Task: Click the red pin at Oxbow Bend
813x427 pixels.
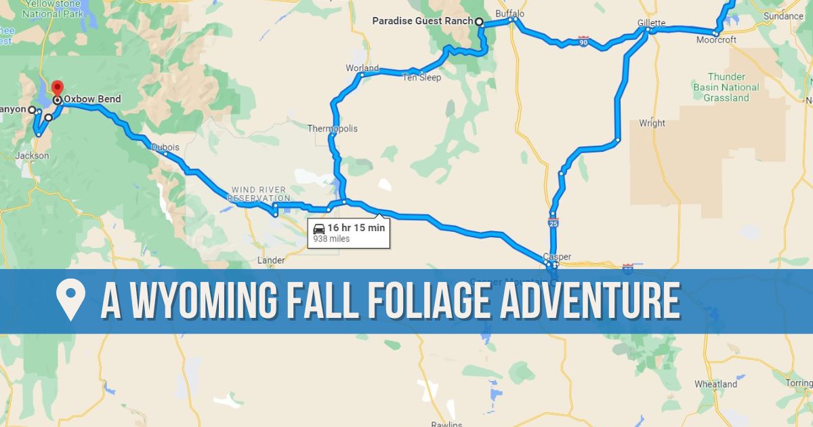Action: click(57, 88)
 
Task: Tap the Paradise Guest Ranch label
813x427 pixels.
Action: click(422, 21)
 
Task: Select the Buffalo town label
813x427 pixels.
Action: click(510, 14)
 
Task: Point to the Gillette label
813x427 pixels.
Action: click(651, 22)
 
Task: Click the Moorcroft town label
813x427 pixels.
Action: click(716, 40)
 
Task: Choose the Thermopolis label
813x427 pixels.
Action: click(332, 129)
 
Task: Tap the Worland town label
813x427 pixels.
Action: click(362, 68)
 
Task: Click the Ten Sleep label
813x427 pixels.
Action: click(421, 78)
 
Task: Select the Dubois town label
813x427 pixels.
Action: click(165, 147)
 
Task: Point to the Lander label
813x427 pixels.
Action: click(272, 260)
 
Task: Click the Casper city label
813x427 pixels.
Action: click(557, 257)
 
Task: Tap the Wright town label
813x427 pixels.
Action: click(652, 123)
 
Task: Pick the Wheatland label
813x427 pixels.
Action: click(715, 384)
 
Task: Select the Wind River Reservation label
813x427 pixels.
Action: click(259, 194)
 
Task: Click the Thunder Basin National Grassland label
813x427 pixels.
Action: click(726, 87)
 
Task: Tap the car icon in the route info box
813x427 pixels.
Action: click(319, 228)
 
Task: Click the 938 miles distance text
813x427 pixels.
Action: click(331, 239)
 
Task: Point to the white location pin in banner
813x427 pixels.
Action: click(70, 300)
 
